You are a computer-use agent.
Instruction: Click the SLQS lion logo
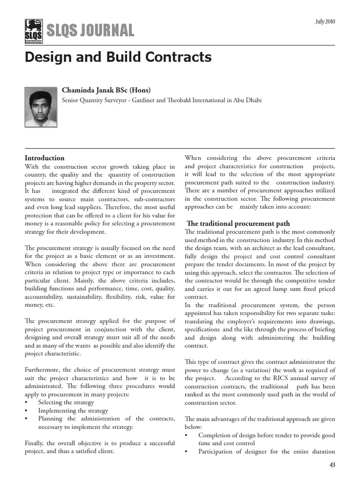click(x=34, y=30)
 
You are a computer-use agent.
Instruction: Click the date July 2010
click(x=324, y=22)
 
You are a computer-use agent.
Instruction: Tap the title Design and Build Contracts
click(x=118, y=57)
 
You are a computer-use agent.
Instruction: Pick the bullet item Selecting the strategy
click(x=66, y=402)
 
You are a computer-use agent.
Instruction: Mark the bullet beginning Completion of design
click(x=266, y=435)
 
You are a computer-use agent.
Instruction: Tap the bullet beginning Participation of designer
click(x=266, y=452)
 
